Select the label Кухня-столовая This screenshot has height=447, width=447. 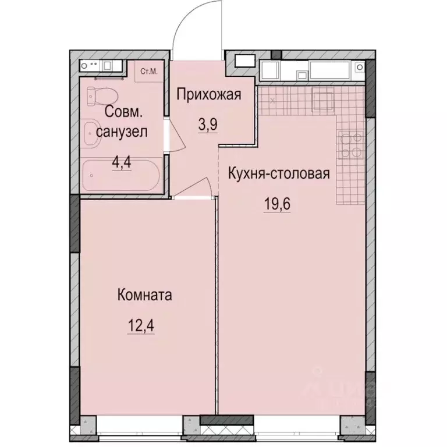click(279, 174)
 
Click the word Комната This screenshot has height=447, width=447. click(144, 295)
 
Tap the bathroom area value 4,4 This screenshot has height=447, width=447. click(122, 161)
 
